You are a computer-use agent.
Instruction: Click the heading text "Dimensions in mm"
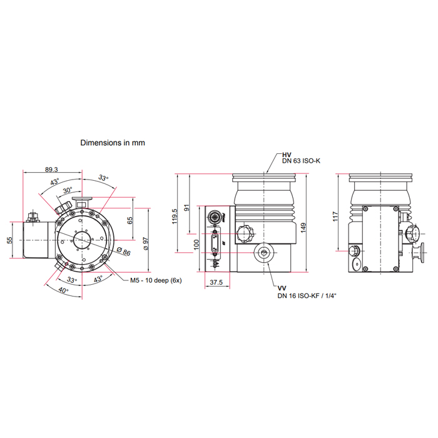tap(113, 143)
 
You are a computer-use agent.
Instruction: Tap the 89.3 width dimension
tap(53, 170)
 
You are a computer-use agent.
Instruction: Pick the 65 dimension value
tap(130, 220)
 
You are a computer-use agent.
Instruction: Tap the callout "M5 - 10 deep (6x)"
tap(156, 280)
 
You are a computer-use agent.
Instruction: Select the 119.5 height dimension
tap(175, 214)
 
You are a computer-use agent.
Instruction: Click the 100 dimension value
tap(196, 243)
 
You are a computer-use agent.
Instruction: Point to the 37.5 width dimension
tap(216, 282)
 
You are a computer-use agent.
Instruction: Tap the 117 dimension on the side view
tap(336, 216)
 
